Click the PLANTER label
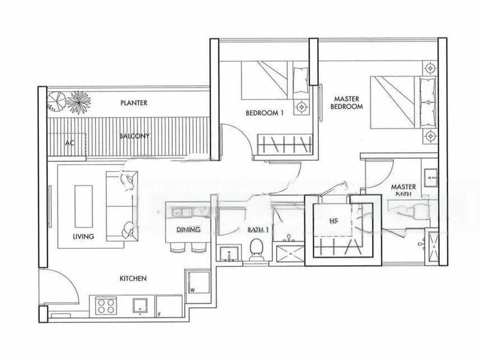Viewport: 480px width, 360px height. coord(133,103)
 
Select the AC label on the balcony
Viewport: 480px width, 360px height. coord(70,144)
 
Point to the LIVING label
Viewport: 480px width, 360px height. coord(84,236)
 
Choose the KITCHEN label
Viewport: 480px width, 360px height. coord(133,278)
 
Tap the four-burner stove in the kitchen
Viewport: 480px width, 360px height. coord(106,305)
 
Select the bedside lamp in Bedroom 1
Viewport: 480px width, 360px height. coord(301,107)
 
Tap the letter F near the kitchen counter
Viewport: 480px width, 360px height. coord(160,314)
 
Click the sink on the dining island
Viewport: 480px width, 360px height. coord(181,212)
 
